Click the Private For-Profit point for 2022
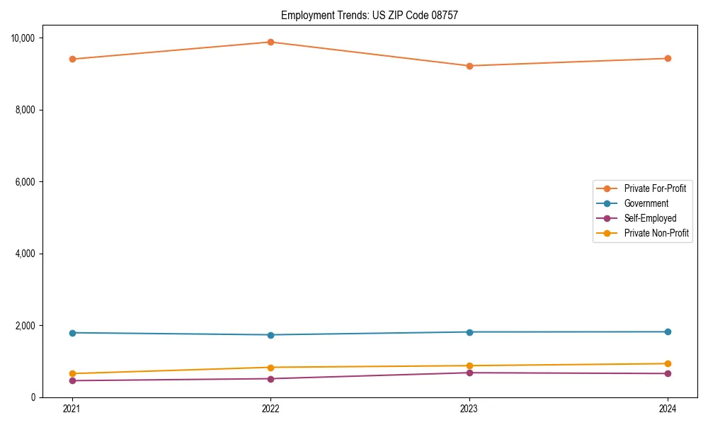[270, 42]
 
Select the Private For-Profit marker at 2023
[469, 66]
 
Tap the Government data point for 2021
[72, 333]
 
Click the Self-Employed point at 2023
[469, 373]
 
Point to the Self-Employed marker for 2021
[72, 380]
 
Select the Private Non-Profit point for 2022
[270, 367]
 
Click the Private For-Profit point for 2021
[72, 59]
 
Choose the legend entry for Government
[646, 203]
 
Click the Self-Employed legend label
[650, 218]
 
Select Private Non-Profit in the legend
[656, 233]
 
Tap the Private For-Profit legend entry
[655, 188]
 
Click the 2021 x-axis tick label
[72, 408]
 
